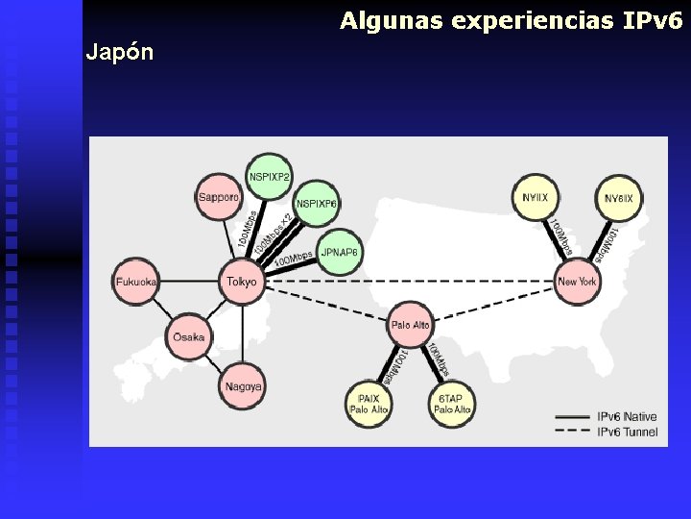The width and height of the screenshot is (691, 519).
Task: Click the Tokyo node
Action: (x=242, y=282)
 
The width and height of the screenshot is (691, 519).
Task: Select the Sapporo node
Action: (x=219, y=197)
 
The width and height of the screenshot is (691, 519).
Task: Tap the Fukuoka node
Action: (x=136, y=282)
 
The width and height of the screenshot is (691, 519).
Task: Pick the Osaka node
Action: (x=190, y=336)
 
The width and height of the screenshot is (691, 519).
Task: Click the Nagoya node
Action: (x=243, y=387)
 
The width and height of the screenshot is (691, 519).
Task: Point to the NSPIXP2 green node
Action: (x=270, y=177)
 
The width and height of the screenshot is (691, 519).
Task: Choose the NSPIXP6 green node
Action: (x=317, y=204)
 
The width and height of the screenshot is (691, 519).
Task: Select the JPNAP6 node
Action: (x=339, y=252)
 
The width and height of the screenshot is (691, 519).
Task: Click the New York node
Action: (x=578, y=282)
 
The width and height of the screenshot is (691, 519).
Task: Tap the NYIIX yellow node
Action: (x=536, y=197)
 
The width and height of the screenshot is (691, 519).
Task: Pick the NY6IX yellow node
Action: (x=619, y=199)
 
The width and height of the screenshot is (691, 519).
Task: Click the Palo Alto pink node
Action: (x=411, y=325)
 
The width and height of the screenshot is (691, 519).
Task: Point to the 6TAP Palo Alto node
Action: (x=451, y=403)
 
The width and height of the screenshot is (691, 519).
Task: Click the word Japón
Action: (x=119, y=52)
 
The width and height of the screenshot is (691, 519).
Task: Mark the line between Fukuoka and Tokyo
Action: (x=188, y=282)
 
